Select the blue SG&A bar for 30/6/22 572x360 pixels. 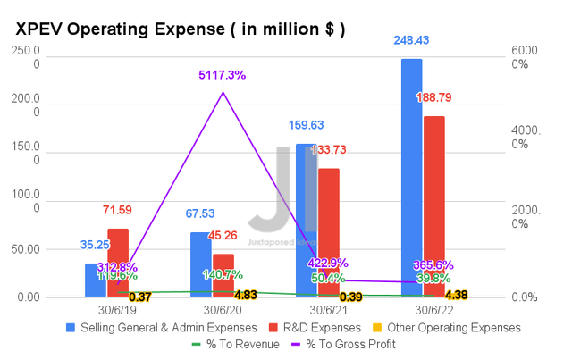411,179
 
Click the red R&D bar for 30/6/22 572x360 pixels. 433,206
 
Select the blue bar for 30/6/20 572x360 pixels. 201,264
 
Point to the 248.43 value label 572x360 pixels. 411,42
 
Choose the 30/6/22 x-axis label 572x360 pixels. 423,310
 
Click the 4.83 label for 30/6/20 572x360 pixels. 245,295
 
